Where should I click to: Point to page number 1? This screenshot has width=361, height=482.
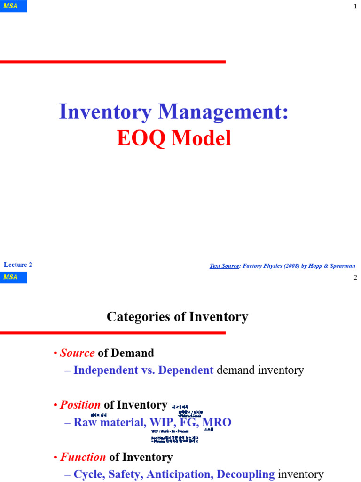(x=355, y=6)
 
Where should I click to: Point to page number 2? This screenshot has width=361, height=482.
(x=355, y=277)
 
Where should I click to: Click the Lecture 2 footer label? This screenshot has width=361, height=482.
(x=18, y=265)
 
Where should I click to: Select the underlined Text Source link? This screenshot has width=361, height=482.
(x=224, y=266)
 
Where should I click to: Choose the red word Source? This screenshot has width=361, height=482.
(x=77, y=353)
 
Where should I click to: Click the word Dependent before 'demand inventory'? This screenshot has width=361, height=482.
(x=186, y=370)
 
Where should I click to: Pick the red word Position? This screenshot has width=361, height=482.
(x=80, y=405)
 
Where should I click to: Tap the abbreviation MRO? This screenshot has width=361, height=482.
(x=217, y=422)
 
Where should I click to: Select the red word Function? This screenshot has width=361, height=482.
(x=83, y=457)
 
